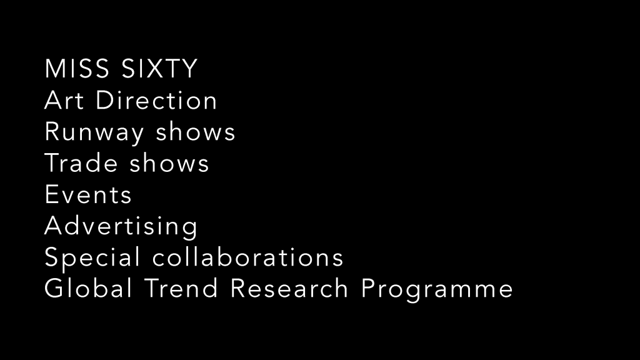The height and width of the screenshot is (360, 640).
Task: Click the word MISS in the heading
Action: tap(77, 68)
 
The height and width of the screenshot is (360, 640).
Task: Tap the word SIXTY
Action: tap(159, 68)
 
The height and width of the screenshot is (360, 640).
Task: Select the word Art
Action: tap(64, 100)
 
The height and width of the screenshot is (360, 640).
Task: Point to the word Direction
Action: tap(156, 100)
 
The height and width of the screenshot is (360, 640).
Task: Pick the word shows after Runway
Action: tap(196, 131)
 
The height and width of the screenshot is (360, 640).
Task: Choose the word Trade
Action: tap(81, 163)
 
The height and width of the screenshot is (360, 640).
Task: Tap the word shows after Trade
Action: tap(169, 163)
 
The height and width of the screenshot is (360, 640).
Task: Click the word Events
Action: tap(88, 194)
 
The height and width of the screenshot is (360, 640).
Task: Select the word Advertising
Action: tap(121, 227)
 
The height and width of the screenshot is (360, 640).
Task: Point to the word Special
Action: tap(92, 258)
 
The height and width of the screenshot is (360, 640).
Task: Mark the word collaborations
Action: tap(247, 257)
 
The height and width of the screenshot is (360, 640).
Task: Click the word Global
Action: tap(88, 288)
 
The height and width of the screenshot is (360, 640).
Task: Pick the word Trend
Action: tap(181, 288)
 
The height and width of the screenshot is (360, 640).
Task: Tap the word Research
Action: tap(289, 288)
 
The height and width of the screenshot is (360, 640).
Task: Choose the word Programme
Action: tap(437, 290)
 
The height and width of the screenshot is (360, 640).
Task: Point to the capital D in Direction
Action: tap(105, 100)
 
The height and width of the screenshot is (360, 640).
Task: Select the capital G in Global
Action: tap(54, 288)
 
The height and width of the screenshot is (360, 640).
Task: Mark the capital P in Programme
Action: tap(369, 288)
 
